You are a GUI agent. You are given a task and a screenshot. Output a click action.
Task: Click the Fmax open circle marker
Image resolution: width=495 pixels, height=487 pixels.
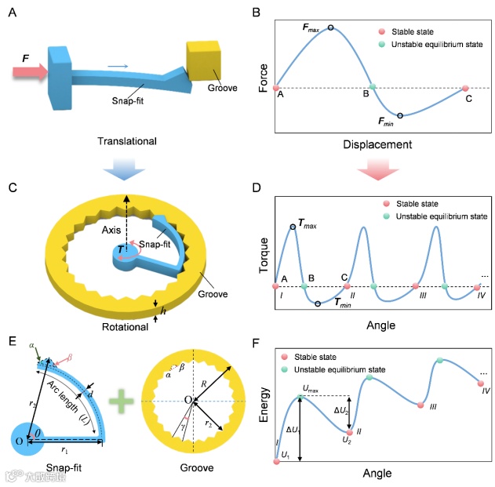pos(331,28)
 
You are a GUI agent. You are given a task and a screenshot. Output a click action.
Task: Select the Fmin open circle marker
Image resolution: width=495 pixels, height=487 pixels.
pos(400,115)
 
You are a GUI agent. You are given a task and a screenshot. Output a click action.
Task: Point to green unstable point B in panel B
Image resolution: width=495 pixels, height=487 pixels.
pos(373,87)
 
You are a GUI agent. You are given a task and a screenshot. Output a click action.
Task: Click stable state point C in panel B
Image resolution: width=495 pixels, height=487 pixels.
pos(465,88)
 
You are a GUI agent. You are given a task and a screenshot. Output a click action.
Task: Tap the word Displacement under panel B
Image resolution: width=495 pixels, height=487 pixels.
pos(379,145)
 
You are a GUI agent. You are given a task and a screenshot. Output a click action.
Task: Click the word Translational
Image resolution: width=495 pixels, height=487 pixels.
pos(126,141)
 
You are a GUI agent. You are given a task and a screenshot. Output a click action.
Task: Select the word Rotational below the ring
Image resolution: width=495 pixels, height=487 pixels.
pos(126,327)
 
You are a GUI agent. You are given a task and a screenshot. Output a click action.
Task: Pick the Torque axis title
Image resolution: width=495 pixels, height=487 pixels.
pos(264,253)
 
